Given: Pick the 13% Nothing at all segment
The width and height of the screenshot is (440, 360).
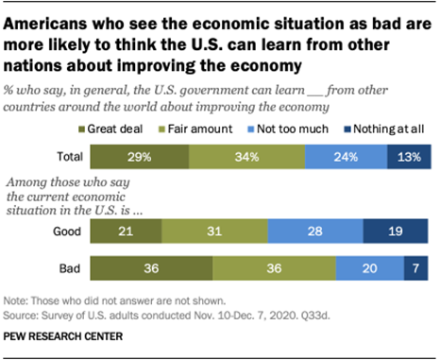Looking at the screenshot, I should tap(408, 156).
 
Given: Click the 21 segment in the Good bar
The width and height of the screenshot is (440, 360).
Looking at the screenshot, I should tap(127, 230).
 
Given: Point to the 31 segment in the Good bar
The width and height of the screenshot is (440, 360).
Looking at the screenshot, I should tap(214, 230).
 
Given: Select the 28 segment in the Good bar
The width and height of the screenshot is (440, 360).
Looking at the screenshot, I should tap(314, 230).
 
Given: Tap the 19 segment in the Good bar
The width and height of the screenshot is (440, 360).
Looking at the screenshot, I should tap(398, 230).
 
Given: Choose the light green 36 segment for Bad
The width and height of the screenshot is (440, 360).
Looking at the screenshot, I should tap(274, 267).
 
